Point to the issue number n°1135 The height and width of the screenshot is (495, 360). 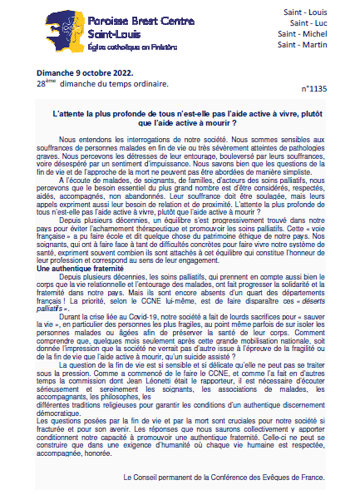314,89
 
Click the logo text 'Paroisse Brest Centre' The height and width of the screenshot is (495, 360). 141,21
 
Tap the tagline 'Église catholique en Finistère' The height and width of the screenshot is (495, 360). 132,47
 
